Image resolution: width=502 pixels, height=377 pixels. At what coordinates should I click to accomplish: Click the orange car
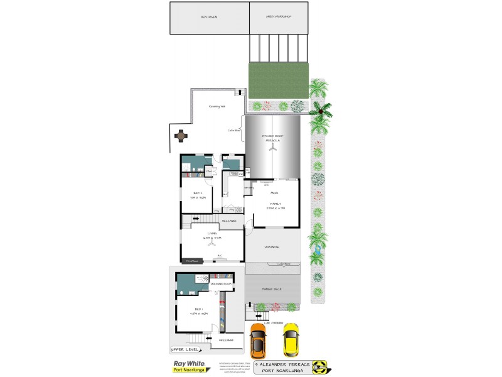(x=258, y=339)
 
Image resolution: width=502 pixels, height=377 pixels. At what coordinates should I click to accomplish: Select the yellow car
(x=291, y=339)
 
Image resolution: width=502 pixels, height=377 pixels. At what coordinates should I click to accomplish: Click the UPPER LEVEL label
(x=184, y=349)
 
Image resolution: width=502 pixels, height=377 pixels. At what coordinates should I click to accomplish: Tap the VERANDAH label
(x=272, y=247)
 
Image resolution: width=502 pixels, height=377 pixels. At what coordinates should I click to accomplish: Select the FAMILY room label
(x=275, y=205)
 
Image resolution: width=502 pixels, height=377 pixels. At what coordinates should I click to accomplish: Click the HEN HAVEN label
(x=209, y=16)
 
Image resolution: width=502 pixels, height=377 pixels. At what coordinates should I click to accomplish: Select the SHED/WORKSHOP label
(x=279, y=16)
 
